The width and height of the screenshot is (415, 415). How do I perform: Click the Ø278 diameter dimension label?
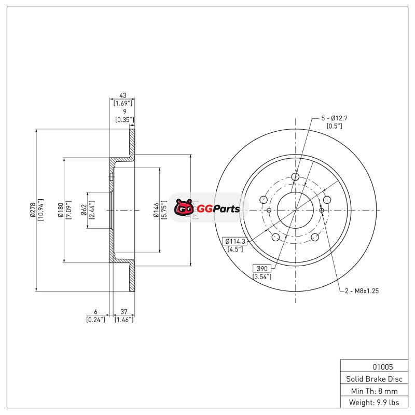[x=33, y=210]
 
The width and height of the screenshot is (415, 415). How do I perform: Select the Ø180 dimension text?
[x=61, y=210]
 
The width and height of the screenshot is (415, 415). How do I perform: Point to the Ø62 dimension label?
[x=84, y=210]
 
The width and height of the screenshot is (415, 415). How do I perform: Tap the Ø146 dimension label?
[x=156, y=210]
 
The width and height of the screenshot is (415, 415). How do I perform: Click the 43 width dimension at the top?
[x=123, y=95]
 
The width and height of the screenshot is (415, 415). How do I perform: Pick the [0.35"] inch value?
[x=125, y=120]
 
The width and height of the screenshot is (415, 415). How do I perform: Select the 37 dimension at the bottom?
[x=124, y=312]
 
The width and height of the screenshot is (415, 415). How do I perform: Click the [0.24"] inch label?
[x=95, y=320]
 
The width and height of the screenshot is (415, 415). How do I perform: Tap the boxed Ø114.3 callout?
[x=235, y=241]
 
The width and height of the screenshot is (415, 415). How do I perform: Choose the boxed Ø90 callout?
[x=262, y=268]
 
